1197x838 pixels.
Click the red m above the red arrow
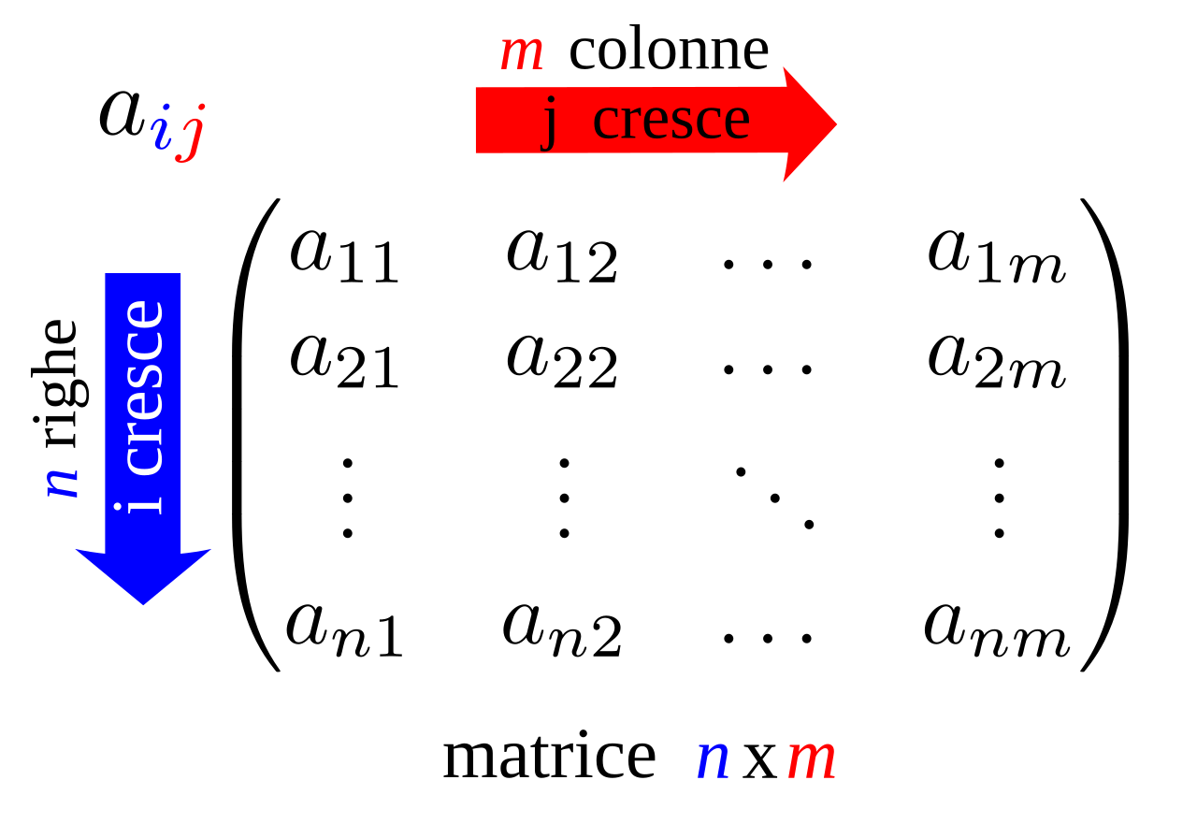pos(521,52)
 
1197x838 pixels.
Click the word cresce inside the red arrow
pos(671,120)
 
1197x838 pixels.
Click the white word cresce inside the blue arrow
pos(144,388)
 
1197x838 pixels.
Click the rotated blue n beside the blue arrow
pos(63,483)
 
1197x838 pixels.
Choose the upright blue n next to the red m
pos(713,758)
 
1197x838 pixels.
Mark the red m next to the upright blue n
pos(811,758)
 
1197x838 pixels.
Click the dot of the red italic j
pos(199,107)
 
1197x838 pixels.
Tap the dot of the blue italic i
pos(166,107)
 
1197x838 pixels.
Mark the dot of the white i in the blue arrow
pos(118,507)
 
